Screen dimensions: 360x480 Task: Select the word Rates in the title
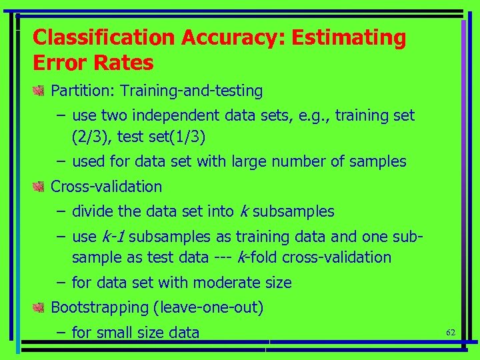click(x=125, y=63)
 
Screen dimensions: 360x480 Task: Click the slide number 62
click(x=450, y=331)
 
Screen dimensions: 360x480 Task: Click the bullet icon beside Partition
click(x=39, y=90)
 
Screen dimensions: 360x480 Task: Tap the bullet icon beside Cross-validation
click(x=39, y=187)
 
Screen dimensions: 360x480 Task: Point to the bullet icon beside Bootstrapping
click(x=39, y=307)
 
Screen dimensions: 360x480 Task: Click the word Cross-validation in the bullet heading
click(x=107, y=187)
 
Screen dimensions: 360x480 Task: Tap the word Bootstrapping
click(x=99, y=307)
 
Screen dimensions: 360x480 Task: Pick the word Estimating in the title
click(x=347, y=38)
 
